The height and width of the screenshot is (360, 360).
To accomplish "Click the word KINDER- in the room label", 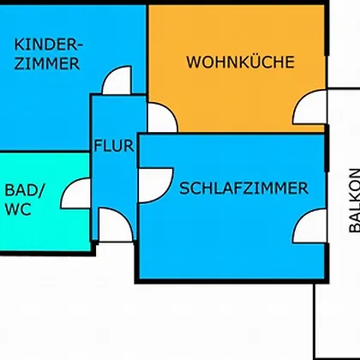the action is coord(48,45).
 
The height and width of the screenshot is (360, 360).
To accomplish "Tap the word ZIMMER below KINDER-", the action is coord(47,63).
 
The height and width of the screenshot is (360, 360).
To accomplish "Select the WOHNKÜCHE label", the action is coord(240,62).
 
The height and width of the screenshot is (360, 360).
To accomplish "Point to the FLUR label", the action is coord(114,146).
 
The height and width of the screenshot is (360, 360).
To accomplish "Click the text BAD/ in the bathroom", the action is coord(25,190).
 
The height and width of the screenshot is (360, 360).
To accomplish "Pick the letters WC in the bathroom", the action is coord(18,209).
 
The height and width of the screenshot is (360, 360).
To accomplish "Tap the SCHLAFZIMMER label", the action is coord(243,189).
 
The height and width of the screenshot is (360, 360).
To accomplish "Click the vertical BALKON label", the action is coord(355,201).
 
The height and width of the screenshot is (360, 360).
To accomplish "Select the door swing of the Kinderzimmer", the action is coord(117,81).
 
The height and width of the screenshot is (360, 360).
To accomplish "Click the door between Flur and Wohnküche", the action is coord(162,117).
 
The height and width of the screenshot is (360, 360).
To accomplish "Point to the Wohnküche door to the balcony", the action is coord(309,107).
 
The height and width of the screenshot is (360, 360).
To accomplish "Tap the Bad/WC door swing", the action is coord(75,193).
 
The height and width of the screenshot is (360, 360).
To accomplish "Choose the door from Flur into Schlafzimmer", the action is coord(156,185).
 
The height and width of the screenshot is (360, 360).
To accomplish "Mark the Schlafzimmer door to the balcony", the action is coord(309,226).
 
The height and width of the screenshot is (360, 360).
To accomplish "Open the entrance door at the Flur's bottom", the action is coord(116,225).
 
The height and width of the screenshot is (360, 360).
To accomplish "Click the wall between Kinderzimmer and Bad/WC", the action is coord(45,152).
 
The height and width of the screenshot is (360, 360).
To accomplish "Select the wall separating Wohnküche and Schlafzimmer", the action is coord(231,133).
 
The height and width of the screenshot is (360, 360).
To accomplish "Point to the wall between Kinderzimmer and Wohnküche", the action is coord(147,53).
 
